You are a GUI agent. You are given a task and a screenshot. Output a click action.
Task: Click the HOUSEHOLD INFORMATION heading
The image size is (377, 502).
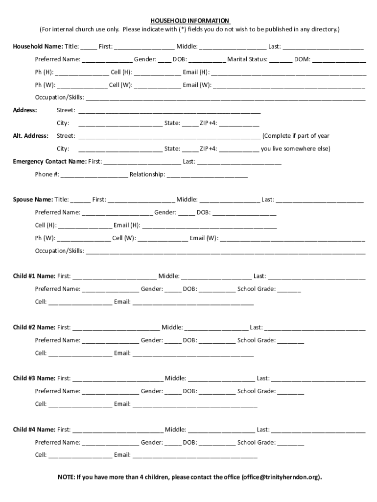point(189,21)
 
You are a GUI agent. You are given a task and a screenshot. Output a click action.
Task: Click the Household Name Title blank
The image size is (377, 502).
point(89,47)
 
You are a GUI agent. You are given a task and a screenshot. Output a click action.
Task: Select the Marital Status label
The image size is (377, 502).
point(247,59)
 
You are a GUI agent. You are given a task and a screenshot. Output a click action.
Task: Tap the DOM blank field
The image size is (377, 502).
point(339,60)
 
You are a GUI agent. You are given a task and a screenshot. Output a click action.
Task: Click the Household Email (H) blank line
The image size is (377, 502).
point(288,73)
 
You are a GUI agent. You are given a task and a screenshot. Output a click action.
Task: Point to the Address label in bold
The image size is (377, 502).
point(25,110)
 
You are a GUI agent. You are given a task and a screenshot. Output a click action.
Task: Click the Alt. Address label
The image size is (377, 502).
point(30,136)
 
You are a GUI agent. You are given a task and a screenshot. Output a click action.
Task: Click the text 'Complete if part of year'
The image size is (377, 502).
point(296,136)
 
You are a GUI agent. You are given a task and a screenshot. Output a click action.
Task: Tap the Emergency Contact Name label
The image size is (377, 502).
point(49,161)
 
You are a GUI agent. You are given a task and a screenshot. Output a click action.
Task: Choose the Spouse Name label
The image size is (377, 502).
point(33,200)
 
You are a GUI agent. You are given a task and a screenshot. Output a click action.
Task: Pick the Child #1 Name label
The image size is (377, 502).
point(34,276)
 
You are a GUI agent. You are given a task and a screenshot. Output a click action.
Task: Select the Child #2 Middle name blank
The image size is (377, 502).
point(216,327)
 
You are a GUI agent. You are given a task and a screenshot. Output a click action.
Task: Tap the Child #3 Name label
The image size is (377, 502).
point(34,378)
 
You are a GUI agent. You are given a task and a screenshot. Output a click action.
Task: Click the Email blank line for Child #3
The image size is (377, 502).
point(194,404)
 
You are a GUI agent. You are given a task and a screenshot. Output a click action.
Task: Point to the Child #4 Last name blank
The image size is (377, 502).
point(318,430)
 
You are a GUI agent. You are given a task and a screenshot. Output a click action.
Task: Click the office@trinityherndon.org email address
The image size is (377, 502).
point(281,477)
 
